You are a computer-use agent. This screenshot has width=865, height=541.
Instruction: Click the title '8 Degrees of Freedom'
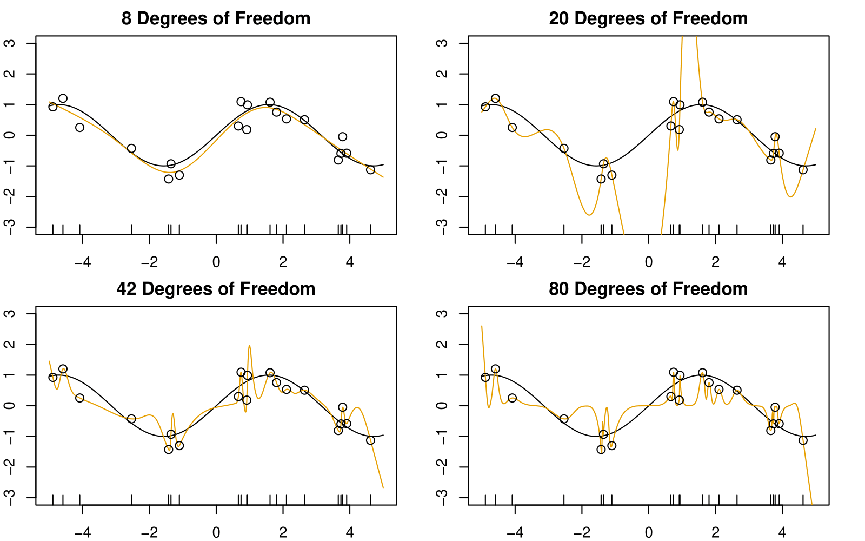tap(216, 18)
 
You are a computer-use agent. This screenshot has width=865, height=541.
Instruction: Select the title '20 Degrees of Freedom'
tap(648, 18)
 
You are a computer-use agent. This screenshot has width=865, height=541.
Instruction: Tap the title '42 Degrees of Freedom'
tap(216, 289)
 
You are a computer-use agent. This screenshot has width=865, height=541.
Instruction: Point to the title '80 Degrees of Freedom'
tap(648, 289)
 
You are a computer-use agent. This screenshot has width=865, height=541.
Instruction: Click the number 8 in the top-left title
tap(127, 18)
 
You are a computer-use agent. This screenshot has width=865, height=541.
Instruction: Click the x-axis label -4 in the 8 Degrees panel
tap(82, 262)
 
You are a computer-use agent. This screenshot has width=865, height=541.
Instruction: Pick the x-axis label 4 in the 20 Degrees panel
tap(782, 262)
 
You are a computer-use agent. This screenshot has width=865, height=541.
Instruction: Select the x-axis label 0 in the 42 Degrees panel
tap(216, 533)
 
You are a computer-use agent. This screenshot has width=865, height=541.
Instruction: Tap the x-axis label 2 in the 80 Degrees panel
tap(716, 533)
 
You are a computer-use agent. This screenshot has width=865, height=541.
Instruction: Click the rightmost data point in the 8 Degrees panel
tap(370, 170)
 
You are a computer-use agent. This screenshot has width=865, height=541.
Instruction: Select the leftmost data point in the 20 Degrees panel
tap(485, 107)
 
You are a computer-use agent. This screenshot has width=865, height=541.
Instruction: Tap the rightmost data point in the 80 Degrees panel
tap(803, 440)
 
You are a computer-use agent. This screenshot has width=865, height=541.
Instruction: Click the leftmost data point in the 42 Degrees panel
tap(52, 377)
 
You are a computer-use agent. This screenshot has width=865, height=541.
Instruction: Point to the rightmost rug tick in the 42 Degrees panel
tap(370, 499)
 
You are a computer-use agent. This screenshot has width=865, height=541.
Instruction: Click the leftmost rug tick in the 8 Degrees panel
tap(52, 229)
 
